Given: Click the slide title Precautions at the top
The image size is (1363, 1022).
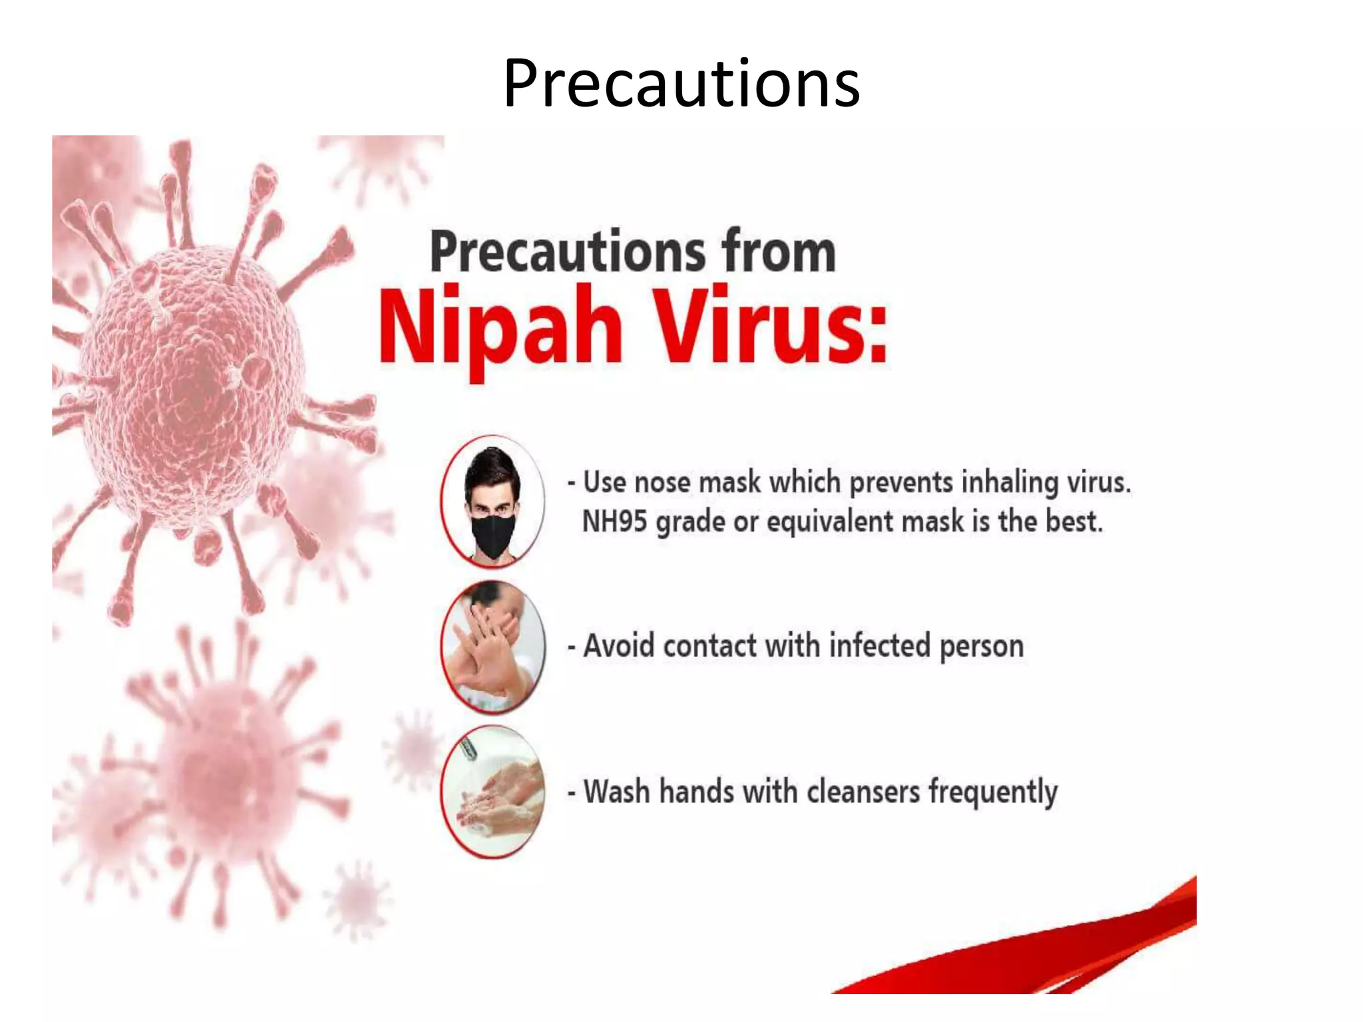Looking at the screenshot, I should coord(681,83).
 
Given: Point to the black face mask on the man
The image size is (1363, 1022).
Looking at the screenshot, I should coord(493,533).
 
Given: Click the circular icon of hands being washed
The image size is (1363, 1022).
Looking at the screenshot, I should coord(493,791).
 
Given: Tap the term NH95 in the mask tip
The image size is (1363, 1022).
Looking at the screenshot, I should coord(614,521).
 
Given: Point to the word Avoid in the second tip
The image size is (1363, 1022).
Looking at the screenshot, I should coord(619,646).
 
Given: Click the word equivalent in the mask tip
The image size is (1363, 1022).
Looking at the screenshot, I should coord(830,522).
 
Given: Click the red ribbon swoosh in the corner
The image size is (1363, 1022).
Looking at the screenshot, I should coord(1065,951).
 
